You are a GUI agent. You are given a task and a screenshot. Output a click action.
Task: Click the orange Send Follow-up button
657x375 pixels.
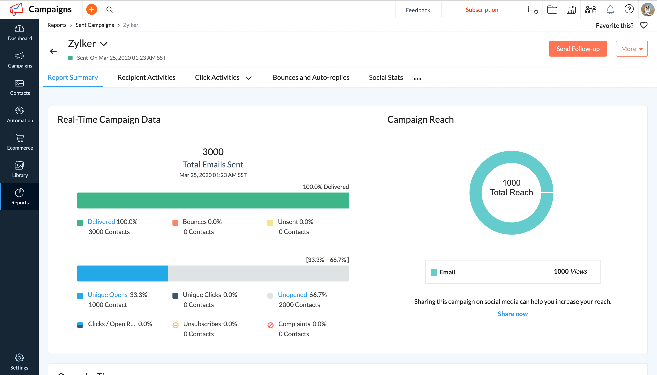[x=577, y=49]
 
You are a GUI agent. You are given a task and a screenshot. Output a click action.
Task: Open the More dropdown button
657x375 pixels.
[x=631, y=49]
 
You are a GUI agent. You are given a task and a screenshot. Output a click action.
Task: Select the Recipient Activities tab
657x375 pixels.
[x=146, y=78]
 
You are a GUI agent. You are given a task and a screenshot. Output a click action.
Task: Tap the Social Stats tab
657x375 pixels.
[x=386, y=78]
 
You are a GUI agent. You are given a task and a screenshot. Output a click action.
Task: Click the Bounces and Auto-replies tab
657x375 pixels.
[x=311, y=78]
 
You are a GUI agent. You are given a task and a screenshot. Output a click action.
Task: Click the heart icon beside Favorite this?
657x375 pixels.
[x=643, y=25]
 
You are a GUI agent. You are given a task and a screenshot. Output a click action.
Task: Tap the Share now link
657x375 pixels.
[x=512, y=314]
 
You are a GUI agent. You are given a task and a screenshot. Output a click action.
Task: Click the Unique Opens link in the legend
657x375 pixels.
[x=107, y=295]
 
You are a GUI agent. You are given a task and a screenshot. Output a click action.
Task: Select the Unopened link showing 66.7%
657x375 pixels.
[x=292, y=295]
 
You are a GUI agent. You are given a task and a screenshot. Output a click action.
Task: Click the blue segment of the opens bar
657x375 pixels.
[x=122, y=273]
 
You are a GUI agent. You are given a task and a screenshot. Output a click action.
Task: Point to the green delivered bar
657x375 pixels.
[x=213, y=200]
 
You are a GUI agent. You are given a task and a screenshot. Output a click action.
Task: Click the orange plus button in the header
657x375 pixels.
[x=91, y=10]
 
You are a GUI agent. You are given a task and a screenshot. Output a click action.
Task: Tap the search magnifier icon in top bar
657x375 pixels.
[x=109, y=10]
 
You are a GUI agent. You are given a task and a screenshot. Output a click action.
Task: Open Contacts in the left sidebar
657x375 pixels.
[x=20, y=88]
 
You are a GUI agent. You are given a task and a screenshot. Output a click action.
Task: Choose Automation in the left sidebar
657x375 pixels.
[x=20, y=115]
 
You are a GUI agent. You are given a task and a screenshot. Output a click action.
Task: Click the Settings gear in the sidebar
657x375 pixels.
[x=19, y=361]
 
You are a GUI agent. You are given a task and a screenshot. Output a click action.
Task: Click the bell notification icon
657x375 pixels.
[x=610, y=10]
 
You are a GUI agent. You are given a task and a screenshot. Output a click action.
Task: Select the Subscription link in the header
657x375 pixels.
[x=482, y=10]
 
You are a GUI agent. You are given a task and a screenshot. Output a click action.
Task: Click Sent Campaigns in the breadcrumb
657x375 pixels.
[x=94, y=25]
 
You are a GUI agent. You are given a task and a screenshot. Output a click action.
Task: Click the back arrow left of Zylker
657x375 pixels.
[x=53, y=51]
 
